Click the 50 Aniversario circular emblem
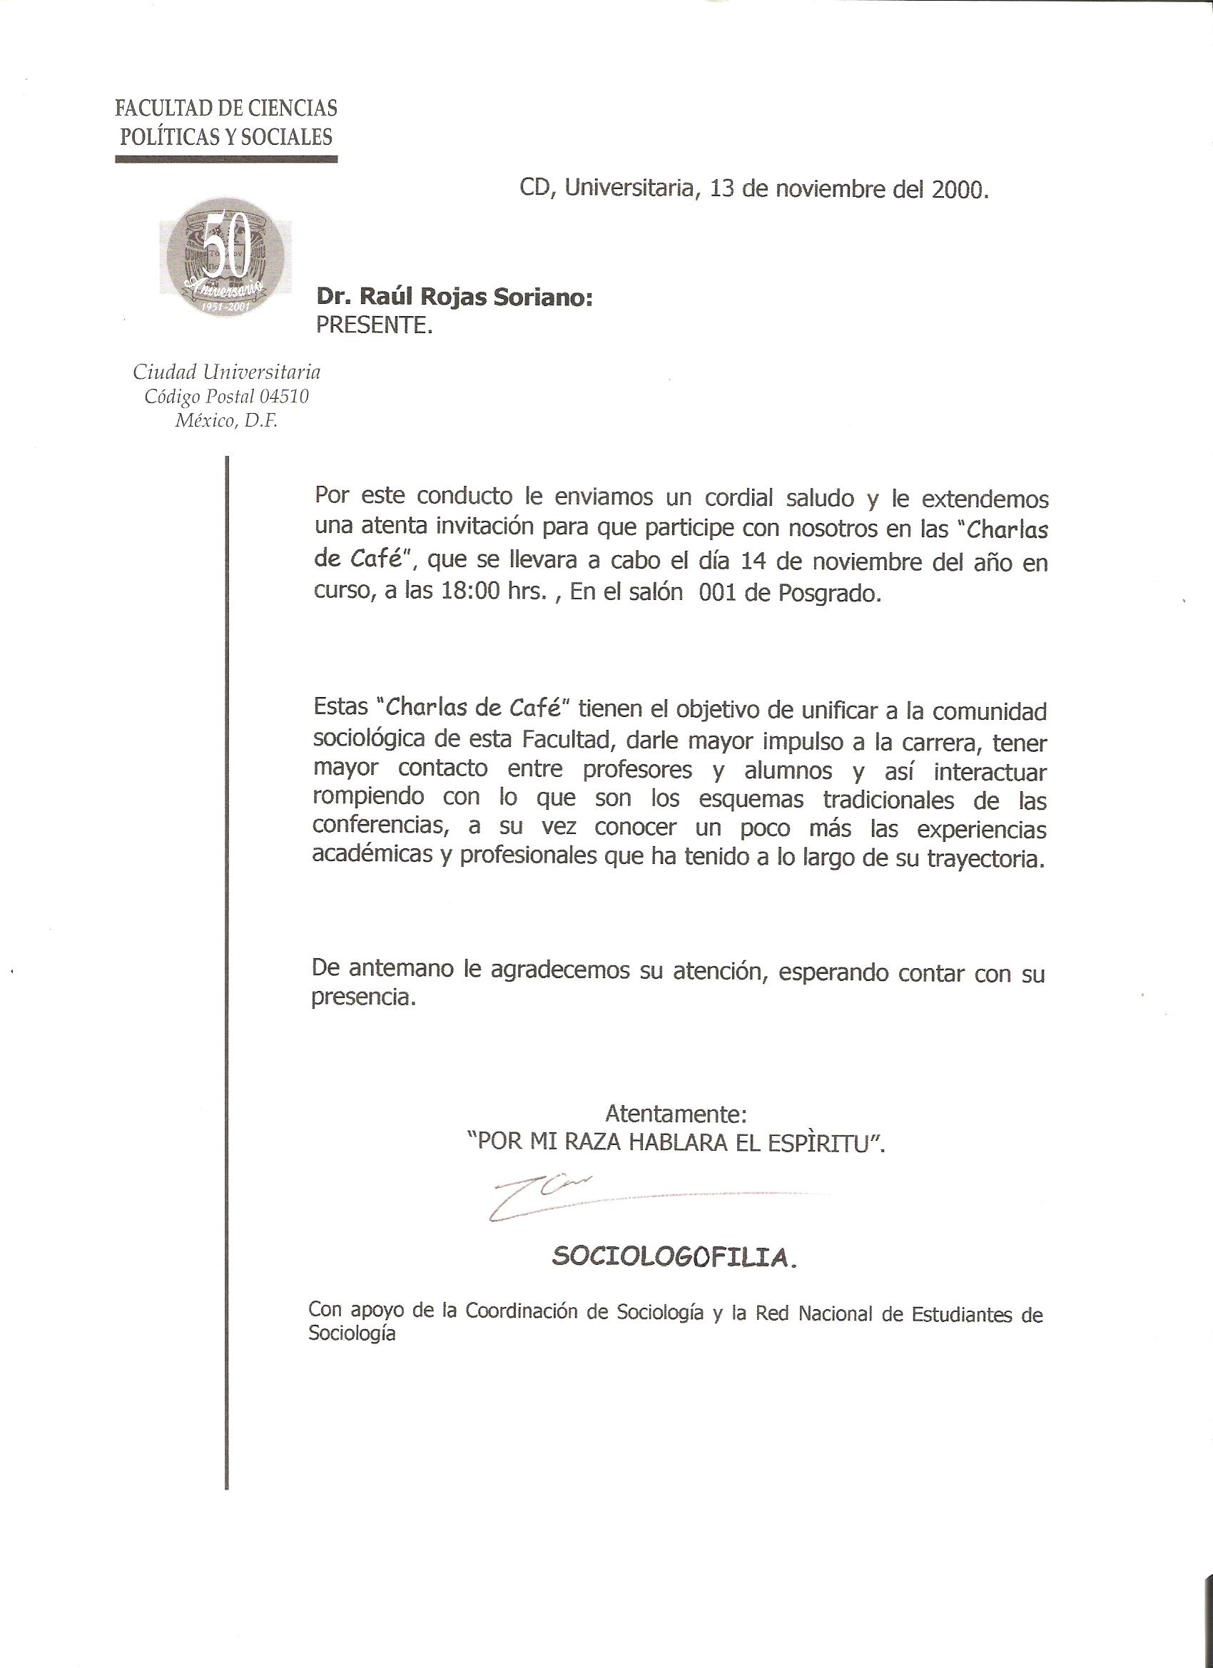(x=225, y=257)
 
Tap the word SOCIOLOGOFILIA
(x=673, y=1258)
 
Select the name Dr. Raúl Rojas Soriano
(x=454, y=297)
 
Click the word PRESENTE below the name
(x=374, y=325)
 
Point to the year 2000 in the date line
(x=958, y=190)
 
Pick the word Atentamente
(x=676, y=1114)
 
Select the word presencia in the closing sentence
(x=363, y=999)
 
